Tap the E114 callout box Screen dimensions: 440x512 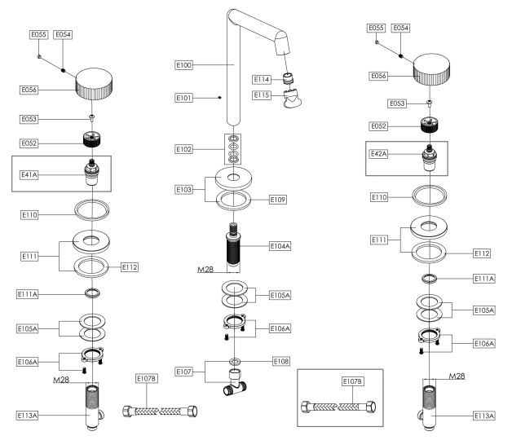click(x=263, y=79)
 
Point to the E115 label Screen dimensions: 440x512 click(x=263, y=95)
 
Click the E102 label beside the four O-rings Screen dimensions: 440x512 click(x=186, y=149)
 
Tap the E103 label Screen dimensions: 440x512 click(x=186, y=188)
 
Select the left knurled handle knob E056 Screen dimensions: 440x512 click(x=98, y=82)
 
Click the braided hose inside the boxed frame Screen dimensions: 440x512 click(x=341, y=406)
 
